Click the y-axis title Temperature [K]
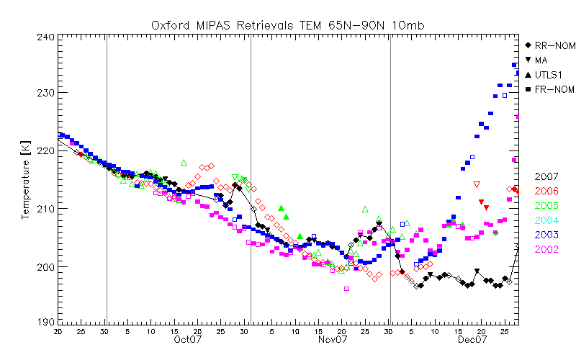pos(26,179)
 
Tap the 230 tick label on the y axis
pos(46,93)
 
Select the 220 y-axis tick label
pos(46,150)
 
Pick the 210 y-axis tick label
pos(46,209)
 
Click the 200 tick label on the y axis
pos(46,266)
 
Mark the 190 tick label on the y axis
pos(46,323)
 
